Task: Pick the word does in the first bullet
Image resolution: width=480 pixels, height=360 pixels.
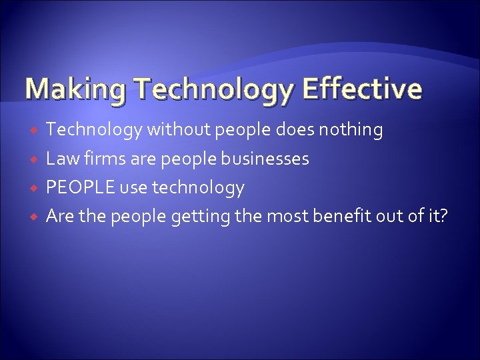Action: click(x=293, y=131)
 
